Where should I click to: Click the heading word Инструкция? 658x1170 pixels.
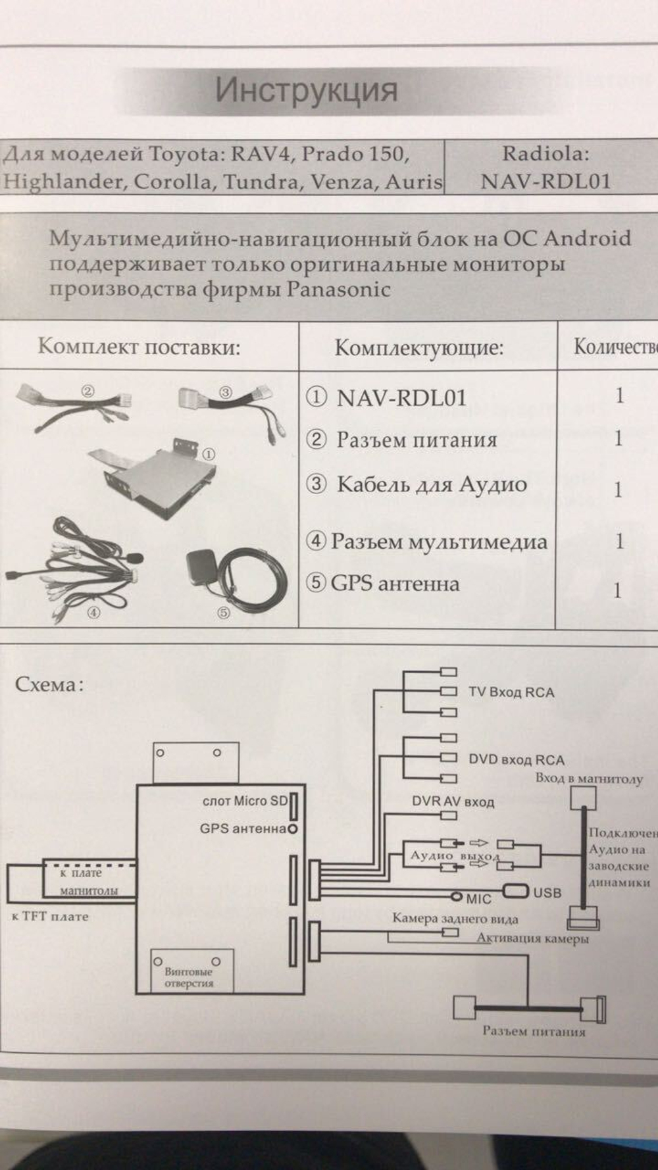click(x=307, y=90)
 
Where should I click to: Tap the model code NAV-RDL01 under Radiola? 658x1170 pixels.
click(x=545, y=181)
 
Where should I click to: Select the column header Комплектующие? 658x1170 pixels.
click(x=418, y=347)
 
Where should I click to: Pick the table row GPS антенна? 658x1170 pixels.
click(x=394, y=583)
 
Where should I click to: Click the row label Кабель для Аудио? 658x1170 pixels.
click(x=431, y=484)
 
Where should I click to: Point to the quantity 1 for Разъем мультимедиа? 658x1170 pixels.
click(x=619, y=541)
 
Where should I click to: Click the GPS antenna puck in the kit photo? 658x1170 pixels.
click(x=201, y=566)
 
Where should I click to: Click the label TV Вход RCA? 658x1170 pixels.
click(x=511, y=692)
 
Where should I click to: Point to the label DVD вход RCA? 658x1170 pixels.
click(x=516, y=760)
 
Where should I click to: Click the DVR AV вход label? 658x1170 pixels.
click(x=453, y=801)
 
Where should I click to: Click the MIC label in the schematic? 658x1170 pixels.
click(x=478, y=899)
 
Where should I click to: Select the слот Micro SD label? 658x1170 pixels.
click(x=245, y=801)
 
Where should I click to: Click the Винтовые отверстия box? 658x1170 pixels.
click(x=192, y=970)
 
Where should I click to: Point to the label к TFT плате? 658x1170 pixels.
click(x=50, y=916)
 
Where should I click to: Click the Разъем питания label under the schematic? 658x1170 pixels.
click(x=534, y=1031)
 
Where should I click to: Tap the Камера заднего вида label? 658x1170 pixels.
click(x=455, y=919)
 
